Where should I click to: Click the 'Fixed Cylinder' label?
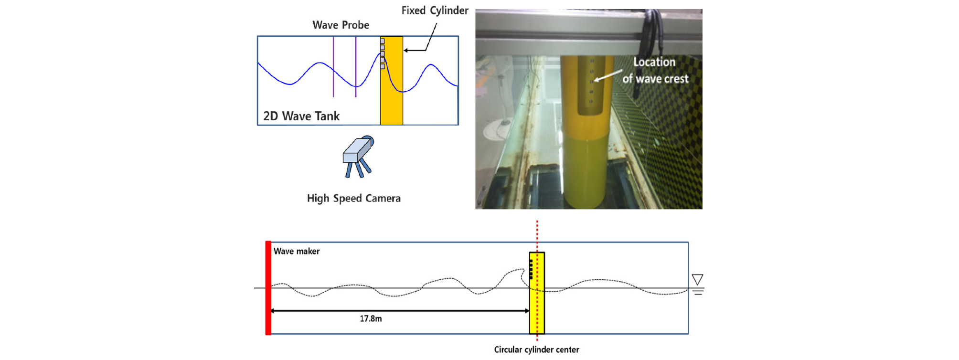click(435, 11)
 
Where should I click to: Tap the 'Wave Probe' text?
click(341, 25)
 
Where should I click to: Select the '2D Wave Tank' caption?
click(301, 116)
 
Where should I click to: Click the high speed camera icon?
click(358, 157)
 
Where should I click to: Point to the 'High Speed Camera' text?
click(353, 198)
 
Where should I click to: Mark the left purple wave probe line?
click(333, 67)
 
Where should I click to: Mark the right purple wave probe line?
click(356, 67)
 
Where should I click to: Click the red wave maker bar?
click(268, 288)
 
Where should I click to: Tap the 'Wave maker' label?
click(297, 251)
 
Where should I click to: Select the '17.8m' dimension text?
click(371, 318)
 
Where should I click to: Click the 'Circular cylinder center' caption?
click(536, 349)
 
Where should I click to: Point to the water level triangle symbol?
click(697, 280)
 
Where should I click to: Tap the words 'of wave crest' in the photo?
click(655, 79)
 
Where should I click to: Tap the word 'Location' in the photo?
click(654, 62)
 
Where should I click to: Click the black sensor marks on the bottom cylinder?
click(531, 269)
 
